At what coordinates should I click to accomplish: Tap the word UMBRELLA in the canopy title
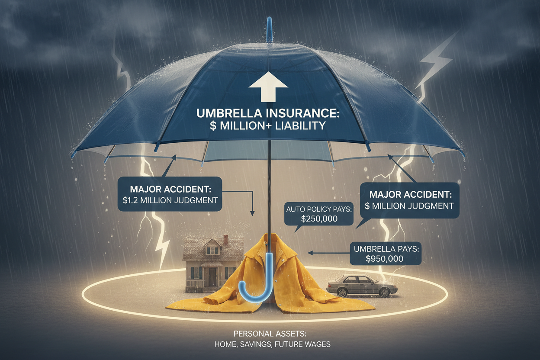(x=229, y=113)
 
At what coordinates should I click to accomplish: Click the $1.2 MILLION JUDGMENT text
(x=170, y=200)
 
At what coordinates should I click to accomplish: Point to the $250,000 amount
(x=319, y=219)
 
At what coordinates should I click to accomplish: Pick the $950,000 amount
(x=385, y=259)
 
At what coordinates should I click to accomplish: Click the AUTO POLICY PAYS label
(x=319, y=209)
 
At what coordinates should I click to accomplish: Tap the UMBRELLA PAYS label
(x=386, y=249)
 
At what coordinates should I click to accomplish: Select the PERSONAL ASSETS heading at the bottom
(x=270, y=334)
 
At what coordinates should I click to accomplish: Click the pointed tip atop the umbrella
(x=269, y=18)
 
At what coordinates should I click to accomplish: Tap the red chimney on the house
(x=225, y=240)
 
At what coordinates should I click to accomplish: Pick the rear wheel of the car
(x=342, y=292)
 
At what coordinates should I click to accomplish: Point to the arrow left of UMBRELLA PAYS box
(x=328, y=253)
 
